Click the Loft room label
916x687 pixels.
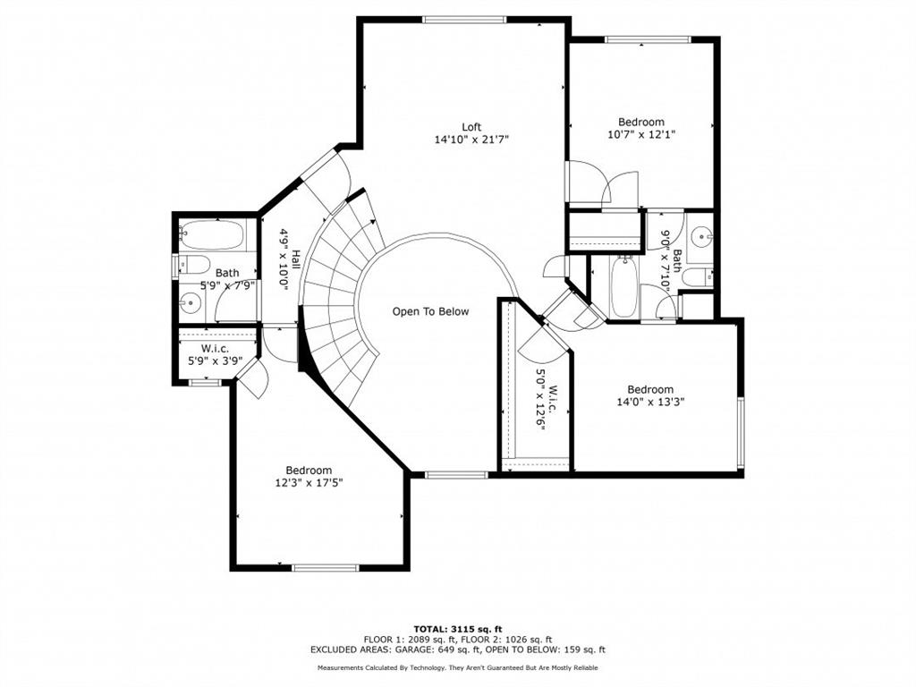pos(471,126)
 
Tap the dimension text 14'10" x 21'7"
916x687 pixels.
pos(471,139)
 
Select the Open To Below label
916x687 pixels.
pos(430,311)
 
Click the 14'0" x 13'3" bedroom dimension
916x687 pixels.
pos(649,402)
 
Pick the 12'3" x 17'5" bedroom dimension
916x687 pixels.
pos(309,482)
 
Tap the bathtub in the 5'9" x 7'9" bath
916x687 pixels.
pos(211,235)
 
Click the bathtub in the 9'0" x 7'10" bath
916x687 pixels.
pos(623,285)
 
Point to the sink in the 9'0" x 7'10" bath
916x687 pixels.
pos(702,237)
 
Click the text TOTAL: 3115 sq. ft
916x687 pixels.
pos(457,628)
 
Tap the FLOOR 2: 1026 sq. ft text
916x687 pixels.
pos(505,639)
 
